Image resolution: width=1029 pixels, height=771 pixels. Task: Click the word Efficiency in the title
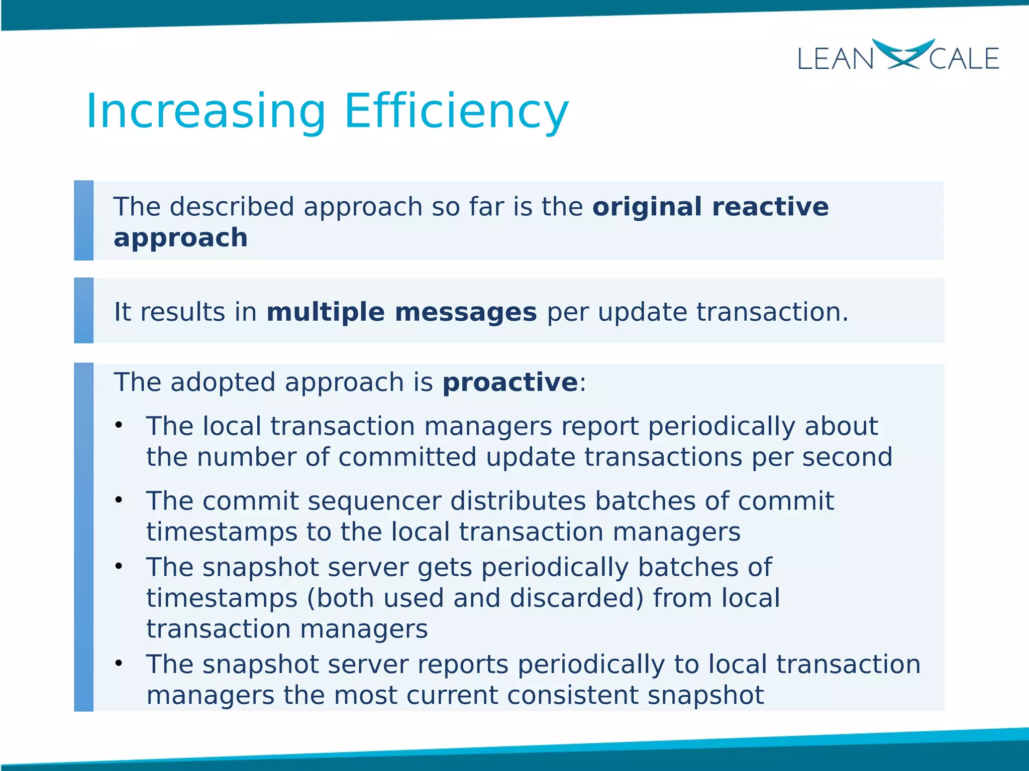[x=456, y=111]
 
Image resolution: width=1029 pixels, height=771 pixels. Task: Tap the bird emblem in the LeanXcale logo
[x=902, y=54]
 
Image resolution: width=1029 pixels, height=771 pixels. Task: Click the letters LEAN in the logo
[x=835, y=59]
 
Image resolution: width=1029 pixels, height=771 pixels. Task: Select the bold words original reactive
[x=710, y=207]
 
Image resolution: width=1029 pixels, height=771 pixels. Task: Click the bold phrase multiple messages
[x=401, y=312]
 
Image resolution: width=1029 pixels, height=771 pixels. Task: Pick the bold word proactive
[x=510, y=382]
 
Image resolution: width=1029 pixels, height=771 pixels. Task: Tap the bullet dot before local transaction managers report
[x=119, y=426]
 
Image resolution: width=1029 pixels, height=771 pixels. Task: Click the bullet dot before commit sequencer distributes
[x=119, y=500]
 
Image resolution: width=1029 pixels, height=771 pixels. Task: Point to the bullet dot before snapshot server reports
[x=119, y=664]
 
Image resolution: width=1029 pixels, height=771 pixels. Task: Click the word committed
[x=407, y=457]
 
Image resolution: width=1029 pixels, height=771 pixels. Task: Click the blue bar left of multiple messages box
[x=84, y=310]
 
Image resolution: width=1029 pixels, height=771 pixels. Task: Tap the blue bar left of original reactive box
[x=84, y=220]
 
